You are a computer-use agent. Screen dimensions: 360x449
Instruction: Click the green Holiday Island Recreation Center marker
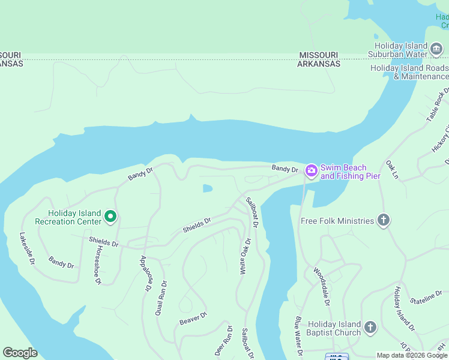(110, 216)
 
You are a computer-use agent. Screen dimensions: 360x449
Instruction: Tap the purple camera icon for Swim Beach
(311, 171)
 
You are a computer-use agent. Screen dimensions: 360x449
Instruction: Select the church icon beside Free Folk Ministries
(384, 221)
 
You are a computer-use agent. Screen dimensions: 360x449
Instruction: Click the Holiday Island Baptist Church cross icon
(370, 328)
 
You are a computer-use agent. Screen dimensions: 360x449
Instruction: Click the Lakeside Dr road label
(26, 250)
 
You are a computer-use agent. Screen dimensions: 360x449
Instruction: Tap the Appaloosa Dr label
(145, 273)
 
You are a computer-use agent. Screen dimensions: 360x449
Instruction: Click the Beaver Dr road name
(193, 319)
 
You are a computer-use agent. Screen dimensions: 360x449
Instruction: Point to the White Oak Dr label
(244, 256)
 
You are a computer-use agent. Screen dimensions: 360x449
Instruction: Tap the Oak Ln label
(393, 169)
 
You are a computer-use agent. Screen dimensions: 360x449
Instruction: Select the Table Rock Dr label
(437, 105)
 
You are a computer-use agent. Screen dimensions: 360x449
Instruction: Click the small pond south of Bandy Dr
(207, 188)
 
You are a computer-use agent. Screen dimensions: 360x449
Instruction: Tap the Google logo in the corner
(20, 353)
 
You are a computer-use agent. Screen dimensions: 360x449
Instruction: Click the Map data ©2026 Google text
(412, 355)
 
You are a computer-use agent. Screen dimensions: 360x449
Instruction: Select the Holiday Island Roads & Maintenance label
(409, 72)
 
